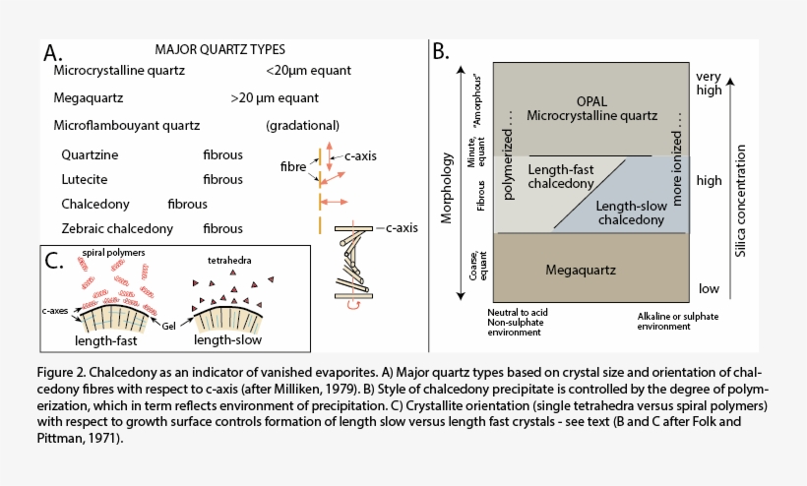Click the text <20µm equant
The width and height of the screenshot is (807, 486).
(308, 71)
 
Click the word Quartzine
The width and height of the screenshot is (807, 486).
(92, 155)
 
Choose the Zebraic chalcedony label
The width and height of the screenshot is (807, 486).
(117, 228)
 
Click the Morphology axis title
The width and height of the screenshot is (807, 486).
(446, 184)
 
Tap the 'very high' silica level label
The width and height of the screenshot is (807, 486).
(709, 83)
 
